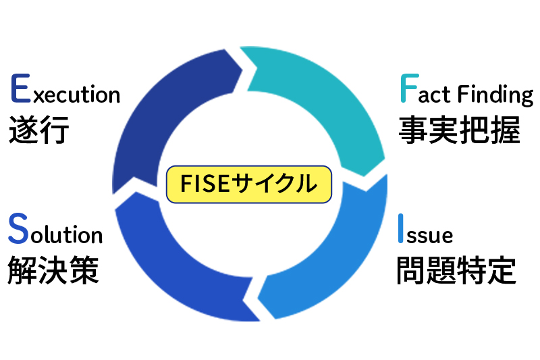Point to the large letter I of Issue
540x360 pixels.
401,230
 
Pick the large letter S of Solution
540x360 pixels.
19,230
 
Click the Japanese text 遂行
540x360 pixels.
39,130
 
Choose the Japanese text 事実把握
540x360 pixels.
459,130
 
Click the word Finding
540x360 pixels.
495,95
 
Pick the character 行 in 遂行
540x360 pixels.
55,130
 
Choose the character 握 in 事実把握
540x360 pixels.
506,130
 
